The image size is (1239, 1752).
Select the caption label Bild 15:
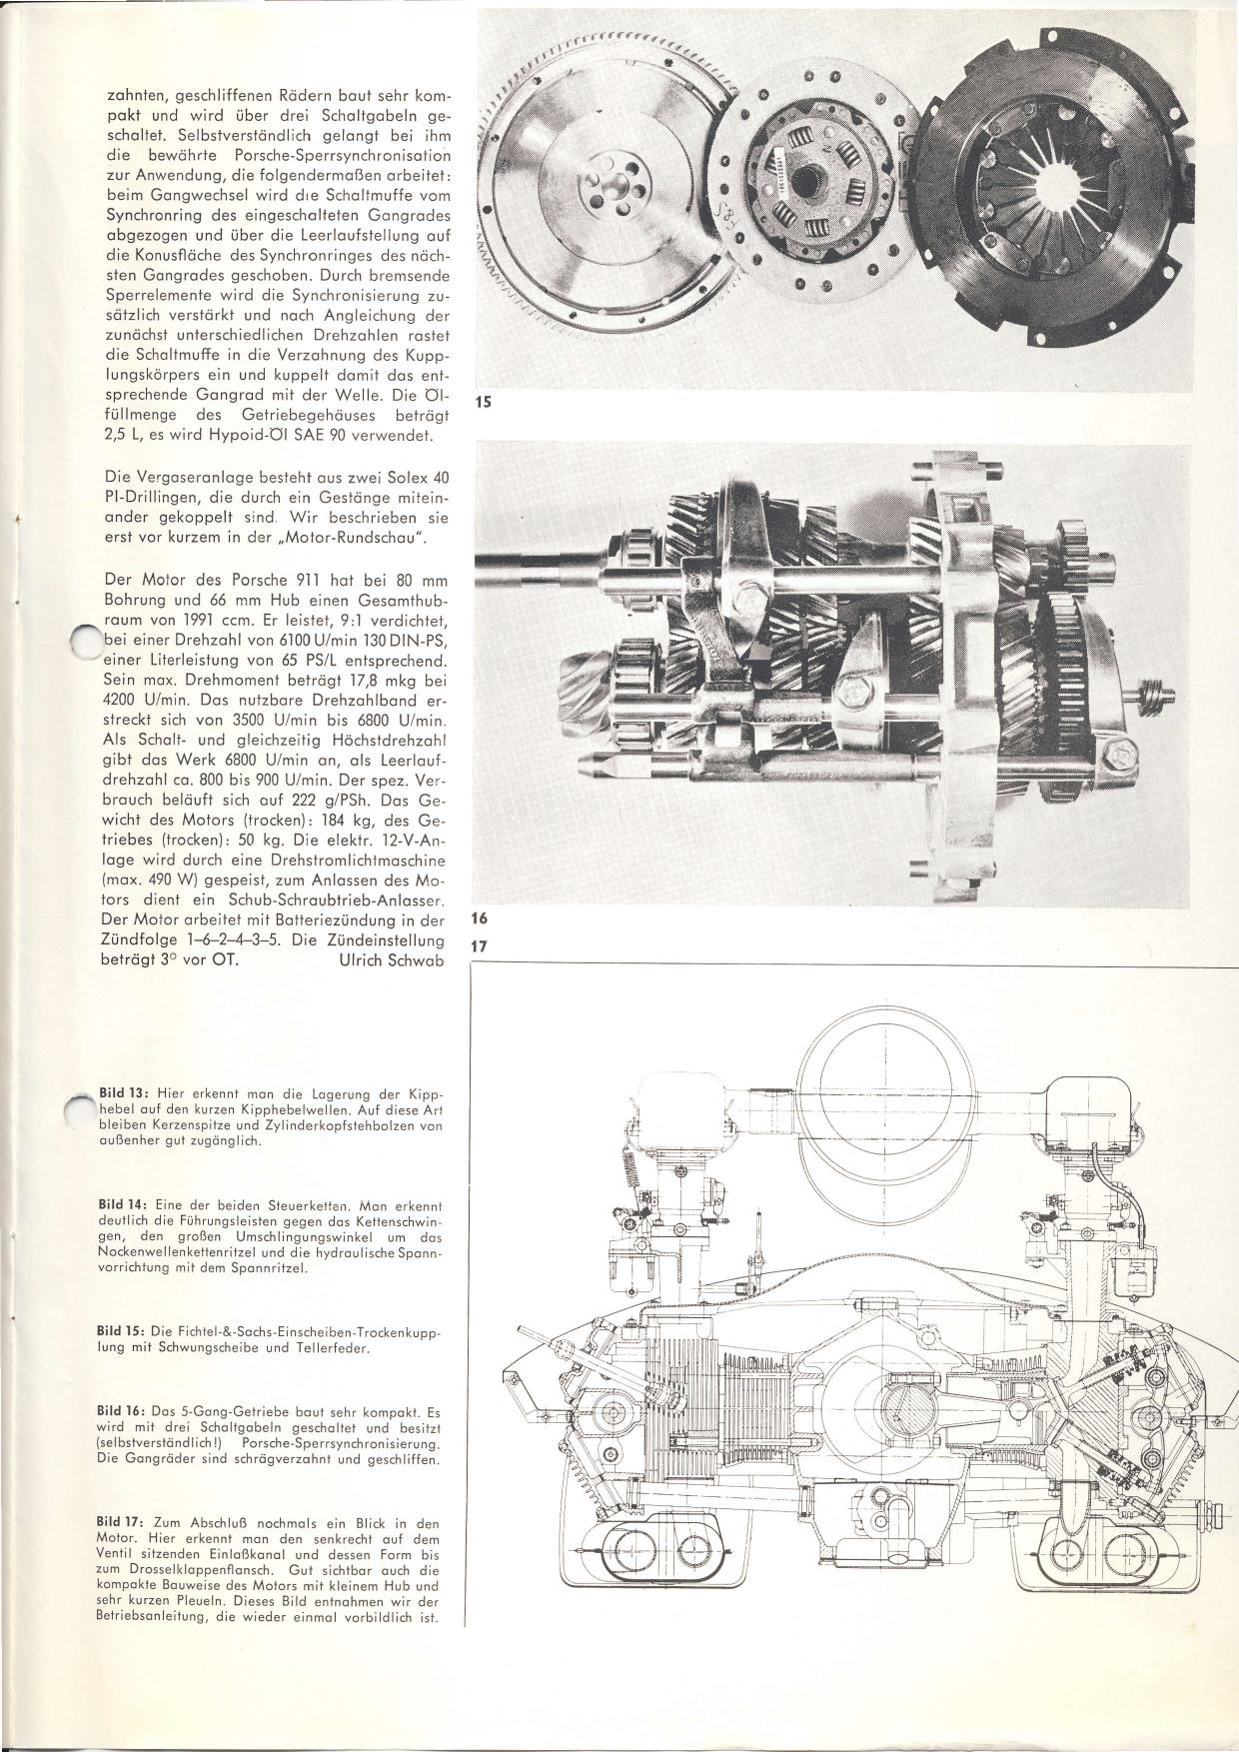[x=123, y=1332]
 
